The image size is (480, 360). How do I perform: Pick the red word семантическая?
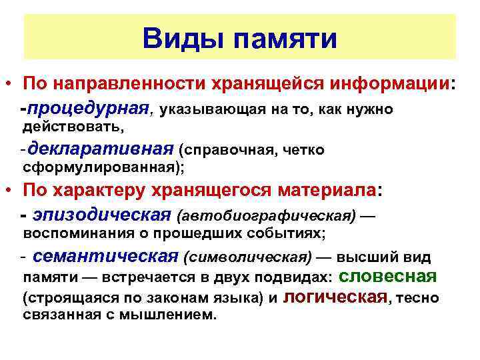pos(105,257)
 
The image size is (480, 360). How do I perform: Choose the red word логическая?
pos(335,297)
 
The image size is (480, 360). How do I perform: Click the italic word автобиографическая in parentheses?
pos(267,216)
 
